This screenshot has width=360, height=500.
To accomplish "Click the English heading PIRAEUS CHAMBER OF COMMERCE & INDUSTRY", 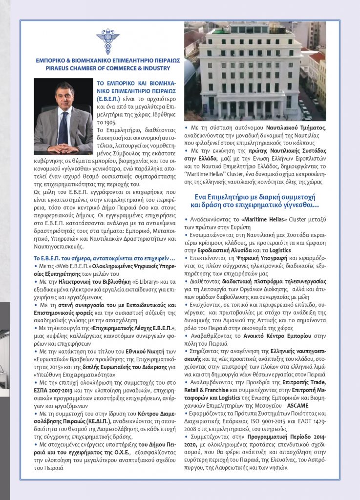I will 108,69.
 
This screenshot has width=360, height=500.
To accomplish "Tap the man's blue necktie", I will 63,127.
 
